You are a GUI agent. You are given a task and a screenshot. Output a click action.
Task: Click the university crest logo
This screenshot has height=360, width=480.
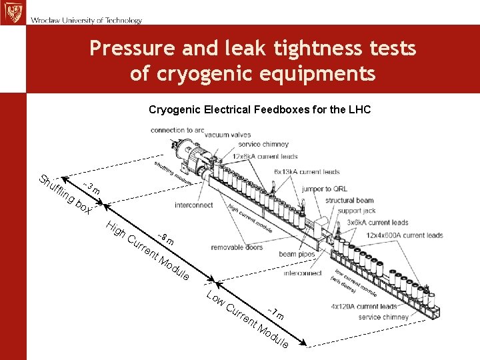(x=11, y=12)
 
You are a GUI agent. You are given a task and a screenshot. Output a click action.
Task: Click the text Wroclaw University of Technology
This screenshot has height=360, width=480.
(x=86, y=21)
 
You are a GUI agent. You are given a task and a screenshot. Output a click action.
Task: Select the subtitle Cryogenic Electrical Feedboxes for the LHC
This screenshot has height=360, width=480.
(x=259, y=109)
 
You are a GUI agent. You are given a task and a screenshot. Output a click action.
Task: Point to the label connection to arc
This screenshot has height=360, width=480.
(x=177, y=130)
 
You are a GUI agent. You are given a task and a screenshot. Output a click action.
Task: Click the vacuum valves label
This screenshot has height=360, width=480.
(x=228, y=135)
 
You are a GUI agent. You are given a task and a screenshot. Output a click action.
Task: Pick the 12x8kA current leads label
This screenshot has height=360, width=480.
(x=265, y=156)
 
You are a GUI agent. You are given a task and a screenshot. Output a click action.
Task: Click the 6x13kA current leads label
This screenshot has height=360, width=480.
(x=307, y=172)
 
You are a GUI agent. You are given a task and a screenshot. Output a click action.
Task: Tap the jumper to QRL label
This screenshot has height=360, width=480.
(x=324, y=189)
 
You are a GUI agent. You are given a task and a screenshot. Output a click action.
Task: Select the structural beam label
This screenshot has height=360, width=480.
(x=349, y=200)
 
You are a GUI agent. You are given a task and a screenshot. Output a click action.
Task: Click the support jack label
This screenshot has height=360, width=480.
(x=357, y=211)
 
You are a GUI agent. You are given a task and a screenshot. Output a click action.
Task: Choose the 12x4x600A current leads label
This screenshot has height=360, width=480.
(x=405, y=235)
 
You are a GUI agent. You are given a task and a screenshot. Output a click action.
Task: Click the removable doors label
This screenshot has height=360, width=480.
(x=237, y=247)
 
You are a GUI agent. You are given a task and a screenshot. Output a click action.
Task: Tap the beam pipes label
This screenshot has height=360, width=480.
(x=297, y=254)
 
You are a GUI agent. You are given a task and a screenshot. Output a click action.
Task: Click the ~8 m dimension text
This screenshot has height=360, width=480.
(x=165, y=237)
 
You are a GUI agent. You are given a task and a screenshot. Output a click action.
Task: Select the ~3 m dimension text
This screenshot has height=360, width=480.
(x=92, y=188)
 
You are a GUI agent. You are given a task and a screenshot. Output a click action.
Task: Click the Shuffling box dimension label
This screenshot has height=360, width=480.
(x=65, y=195)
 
